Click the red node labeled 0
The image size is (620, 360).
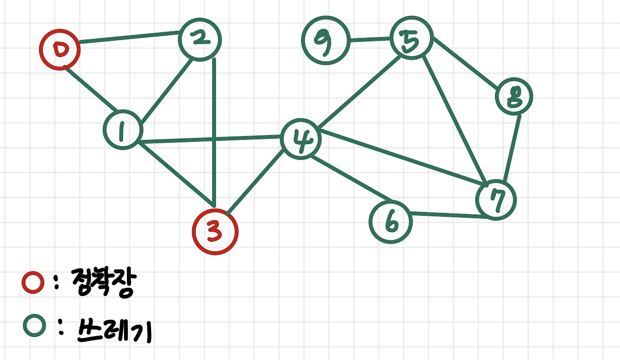point(60,49)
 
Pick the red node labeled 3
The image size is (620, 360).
point(215,232)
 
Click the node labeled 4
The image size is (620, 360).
point(301,139)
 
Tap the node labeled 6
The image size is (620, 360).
point(391,222)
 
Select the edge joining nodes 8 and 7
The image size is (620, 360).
point(512,148)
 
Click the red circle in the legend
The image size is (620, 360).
point(33,283)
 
